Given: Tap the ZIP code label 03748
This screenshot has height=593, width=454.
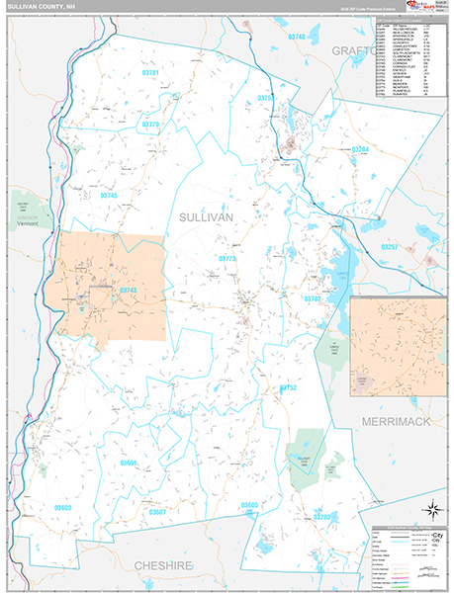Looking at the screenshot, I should (x=297, y=37).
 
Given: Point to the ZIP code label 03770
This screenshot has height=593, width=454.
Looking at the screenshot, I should (x=150, y=125).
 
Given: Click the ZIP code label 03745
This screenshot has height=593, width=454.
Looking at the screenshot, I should (x=109, y=196).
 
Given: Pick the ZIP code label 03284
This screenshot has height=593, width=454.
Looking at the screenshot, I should (x=360, y=149).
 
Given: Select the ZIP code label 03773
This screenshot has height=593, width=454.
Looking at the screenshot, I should (x=227, y=258).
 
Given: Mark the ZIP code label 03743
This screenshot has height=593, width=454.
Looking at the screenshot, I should (x=128, y=290).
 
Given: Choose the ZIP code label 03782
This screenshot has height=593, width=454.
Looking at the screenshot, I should (x=313, y=297).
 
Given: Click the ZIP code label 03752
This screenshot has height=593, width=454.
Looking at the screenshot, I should (x=288, y=387).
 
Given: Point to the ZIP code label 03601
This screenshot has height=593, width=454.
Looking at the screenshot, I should (x=129, y=463).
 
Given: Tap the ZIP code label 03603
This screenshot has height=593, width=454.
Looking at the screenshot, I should (x=63, y=507).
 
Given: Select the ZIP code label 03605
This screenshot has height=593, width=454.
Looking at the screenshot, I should (x=249, y=505).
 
